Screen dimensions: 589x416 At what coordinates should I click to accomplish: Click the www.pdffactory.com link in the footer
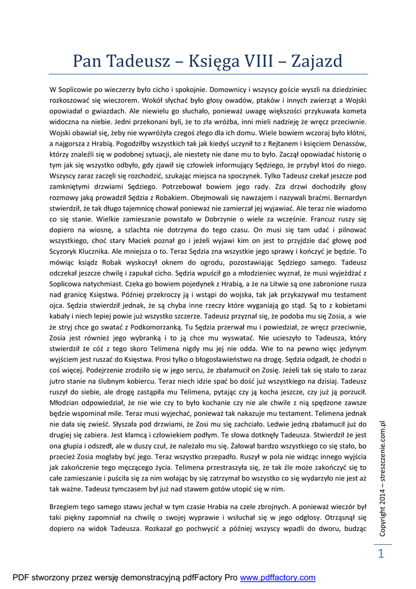tap(278, 577)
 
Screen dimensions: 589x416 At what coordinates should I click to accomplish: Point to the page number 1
tap(380, 554)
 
